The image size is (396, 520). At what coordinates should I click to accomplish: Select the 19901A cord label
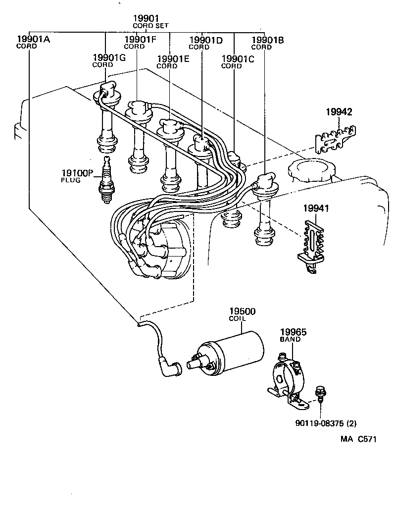tap(33, 42)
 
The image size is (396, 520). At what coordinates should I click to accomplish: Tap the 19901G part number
tap(109, 60)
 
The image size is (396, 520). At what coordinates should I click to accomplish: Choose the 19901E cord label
tap(173, 61)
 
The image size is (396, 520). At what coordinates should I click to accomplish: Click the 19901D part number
tap(206, 42)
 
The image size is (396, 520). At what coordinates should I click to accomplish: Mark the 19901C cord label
tap(238, 61)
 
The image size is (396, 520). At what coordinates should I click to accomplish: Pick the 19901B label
tap(268, 42)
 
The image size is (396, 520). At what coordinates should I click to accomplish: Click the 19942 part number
tap(339, 112)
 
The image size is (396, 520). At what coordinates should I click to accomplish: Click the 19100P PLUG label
tap(77, 176)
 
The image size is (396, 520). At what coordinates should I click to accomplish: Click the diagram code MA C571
tap(358, 439)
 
